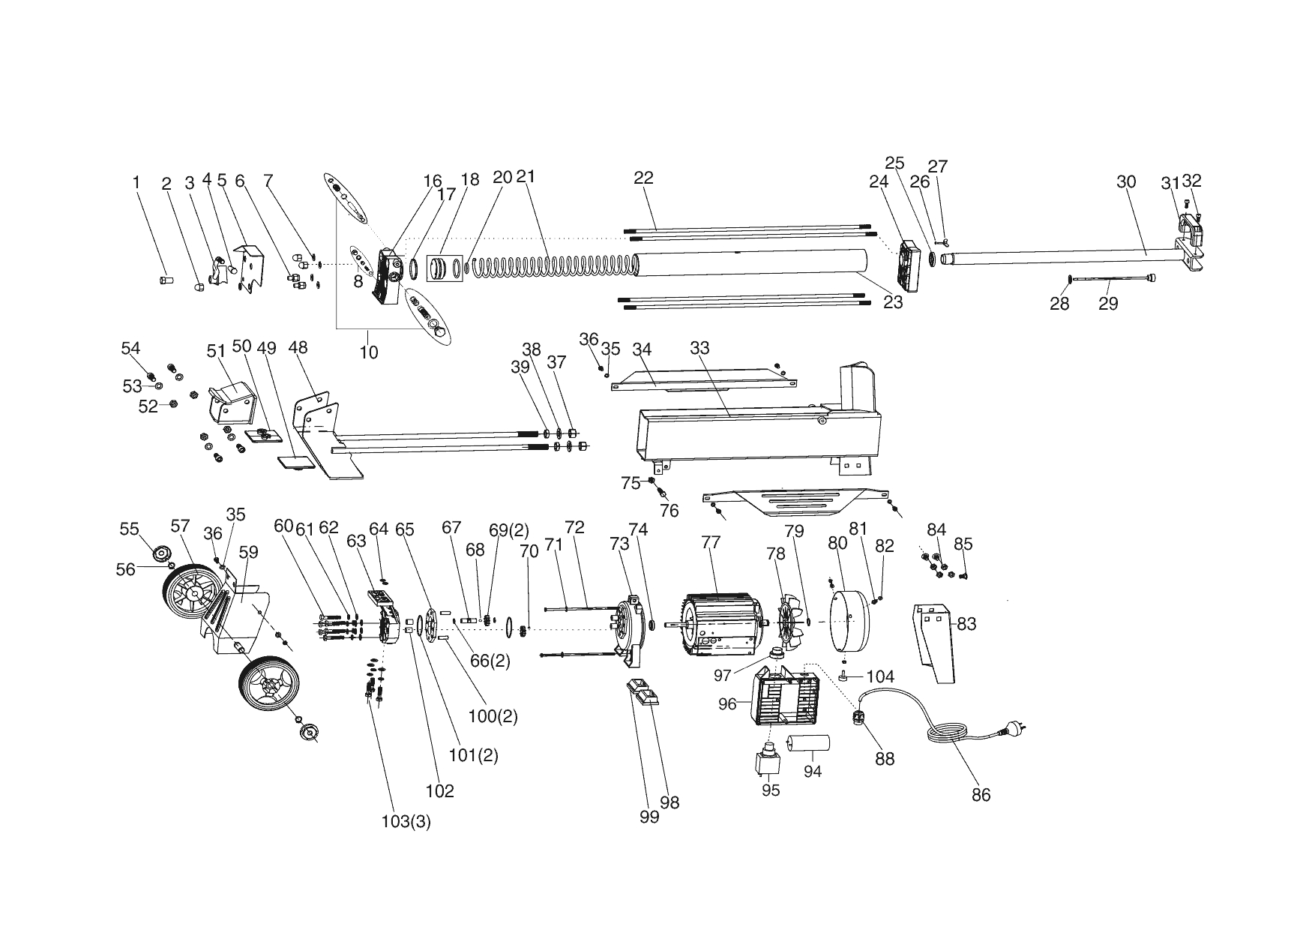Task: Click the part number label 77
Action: point(711,541)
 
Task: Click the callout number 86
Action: point(981,795)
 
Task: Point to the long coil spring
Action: point(555,265)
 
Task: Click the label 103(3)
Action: point(406,821)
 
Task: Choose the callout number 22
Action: point(643,178)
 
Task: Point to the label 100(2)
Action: point(493,716)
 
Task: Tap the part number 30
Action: point(1126,181)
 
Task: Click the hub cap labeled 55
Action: point(161,554)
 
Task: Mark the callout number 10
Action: point(369,352)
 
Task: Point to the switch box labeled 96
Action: point(786,697)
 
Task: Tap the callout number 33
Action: point(699,348)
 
